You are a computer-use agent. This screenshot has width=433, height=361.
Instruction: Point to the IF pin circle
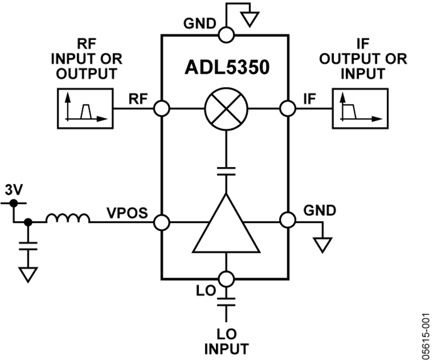288,108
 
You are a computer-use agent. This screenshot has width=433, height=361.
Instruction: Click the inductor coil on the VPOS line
68,219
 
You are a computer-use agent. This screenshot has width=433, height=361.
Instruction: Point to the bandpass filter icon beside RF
85,109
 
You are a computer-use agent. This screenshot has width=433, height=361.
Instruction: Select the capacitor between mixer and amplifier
225,171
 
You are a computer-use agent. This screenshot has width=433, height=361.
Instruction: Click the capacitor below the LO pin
225,303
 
